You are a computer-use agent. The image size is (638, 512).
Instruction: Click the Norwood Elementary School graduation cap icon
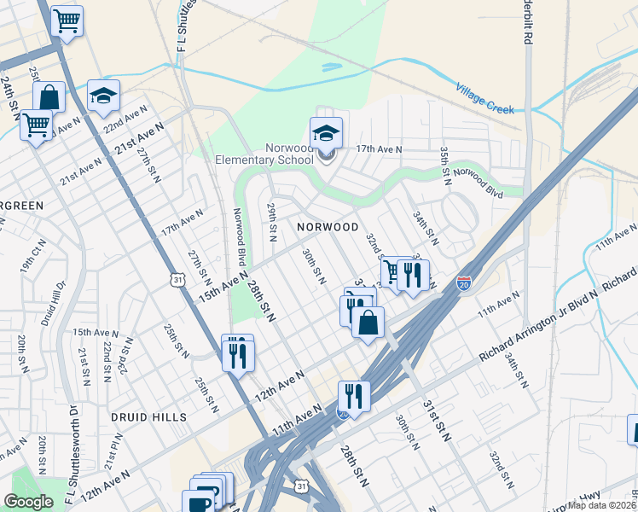[326, 133]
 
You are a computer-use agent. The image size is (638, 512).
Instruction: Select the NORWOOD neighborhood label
[328, 227]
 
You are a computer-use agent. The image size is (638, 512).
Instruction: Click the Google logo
[28, 502]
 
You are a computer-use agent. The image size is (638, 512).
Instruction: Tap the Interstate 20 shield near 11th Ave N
[464, 282]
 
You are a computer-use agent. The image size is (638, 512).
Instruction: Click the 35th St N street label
[444, 163]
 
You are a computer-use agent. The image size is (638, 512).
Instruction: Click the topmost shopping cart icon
[67, 20]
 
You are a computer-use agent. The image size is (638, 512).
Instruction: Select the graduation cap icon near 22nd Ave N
[103, 96]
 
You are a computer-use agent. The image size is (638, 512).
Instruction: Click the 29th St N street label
[273, 220]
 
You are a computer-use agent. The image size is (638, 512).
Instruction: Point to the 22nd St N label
[107, 361]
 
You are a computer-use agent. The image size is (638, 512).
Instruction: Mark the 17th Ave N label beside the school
[379, 149]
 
